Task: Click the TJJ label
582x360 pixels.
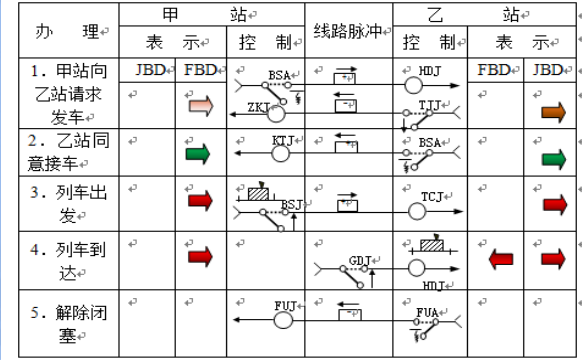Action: tap(429, 104)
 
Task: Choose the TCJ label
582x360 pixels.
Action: tap(433, 195)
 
